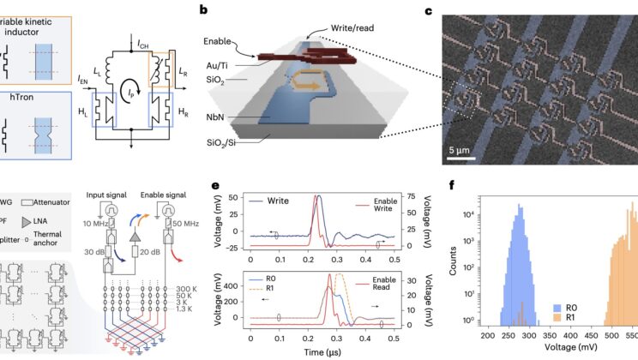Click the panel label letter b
[x=202, y=10]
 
